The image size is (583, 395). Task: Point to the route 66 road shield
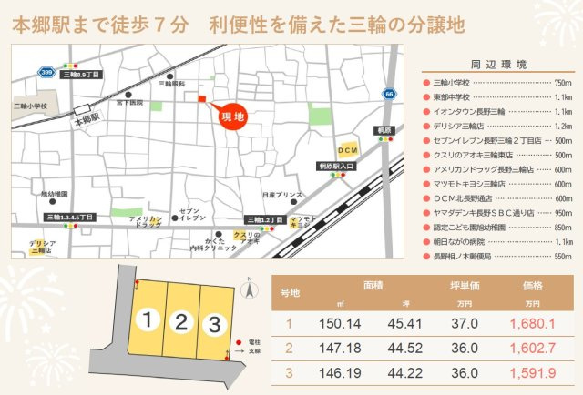click(x=389, y=93)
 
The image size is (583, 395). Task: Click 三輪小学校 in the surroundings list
click(x=452, y=83)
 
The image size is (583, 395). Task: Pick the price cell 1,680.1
click(x=533, y=323)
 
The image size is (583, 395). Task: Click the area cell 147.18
click(x=341, y=347)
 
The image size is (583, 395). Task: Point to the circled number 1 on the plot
click(x=147, y=319)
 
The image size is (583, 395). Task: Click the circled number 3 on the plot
click(x=214, y=323)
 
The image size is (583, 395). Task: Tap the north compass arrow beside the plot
click(x=246, y=289)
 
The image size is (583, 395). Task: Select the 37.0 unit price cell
click(x=465, y=323)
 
